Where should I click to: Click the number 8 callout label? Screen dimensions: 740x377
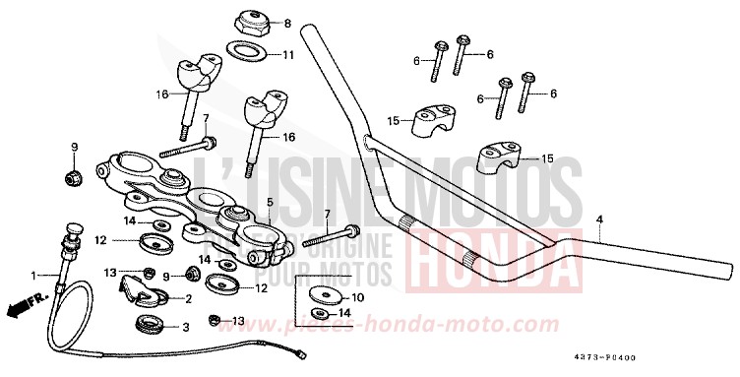[x=287, y=23]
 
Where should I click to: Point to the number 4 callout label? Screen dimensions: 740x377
[x=598, y=218]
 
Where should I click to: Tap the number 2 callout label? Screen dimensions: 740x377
[x=188, y=297]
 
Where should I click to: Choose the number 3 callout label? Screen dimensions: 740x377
[x=188, y=327]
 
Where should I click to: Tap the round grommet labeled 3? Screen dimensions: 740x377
[x=149, y=324]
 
